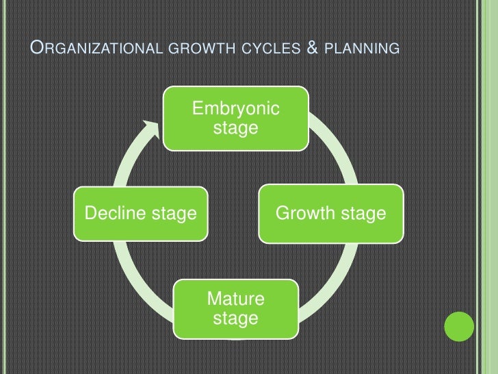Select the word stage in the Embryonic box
[x=236, y=127]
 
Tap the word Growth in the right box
[x=306, y=214]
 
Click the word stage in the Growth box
[x=363, y=214]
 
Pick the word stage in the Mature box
[x=236, y=319]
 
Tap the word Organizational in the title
[x=96, y=48]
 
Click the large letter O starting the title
[x=39, y=47]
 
